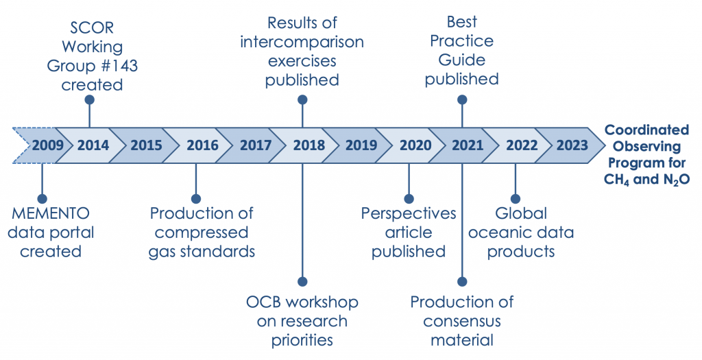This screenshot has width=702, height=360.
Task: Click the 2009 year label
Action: click(x=48, y=145)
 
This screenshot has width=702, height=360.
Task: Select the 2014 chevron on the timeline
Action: click(x=90, y=145)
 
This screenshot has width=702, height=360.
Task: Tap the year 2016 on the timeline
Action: click(x=202, y=145)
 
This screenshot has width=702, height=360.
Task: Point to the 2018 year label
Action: click(x=309, y=145)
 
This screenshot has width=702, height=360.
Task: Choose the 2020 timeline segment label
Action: click(x=415, y=145)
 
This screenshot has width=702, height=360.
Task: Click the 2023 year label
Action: click(x=572, y=145)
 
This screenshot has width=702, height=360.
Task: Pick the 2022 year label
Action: click(x=522, y=145)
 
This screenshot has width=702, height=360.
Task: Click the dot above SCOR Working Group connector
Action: click(x=90, y=99)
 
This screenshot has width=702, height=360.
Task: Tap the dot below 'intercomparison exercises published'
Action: click(x=302, y=99)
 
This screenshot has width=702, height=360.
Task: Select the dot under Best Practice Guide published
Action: click(x=462, y=99)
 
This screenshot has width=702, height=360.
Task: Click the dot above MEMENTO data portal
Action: click(x=42, y=199)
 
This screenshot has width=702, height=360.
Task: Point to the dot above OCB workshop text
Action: click(x=302, y=282)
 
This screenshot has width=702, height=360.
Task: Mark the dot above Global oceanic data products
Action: click(x=516, y=199)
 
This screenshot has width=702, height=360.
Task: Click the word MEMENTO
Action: click(x=51, y=213)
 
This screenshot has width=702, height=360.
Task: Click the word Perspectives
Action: click(x=409, y=213)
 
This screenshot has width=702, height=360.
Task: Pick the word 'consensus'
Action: click(x=462, y=322)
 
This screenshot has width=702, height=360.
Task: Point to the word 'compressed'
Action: click(x=202, y=233)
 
